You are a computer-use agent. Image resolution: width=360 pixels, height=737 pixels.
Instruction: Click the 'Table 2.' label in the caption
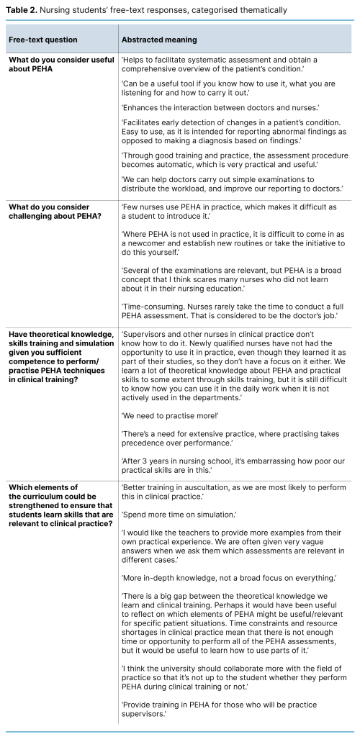23,10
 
